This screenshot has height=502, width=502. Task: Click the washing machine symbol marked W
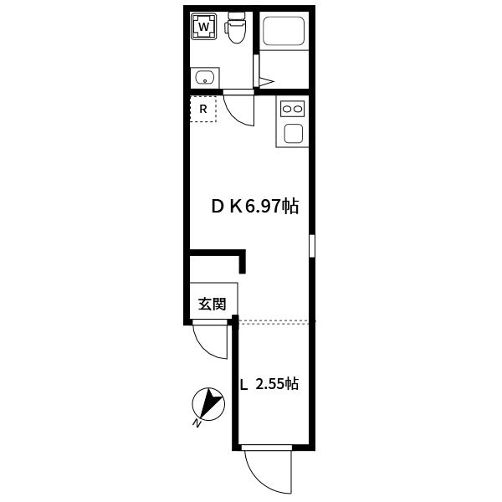click(203, 26)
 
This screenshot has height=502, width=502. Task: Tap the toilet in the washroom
click(235, 28)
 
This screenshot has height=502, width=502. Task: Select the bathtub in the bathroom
click(284, 31)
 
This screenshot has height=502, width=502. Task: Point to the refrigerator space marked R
click(203, 109)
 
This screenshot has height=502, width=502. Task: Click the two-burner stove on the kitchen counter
click(292, 109)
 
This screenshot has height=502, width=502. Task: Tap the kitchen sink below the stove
click(294, 133)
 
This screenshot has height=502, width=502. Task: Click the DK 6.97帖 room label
click(255, 206)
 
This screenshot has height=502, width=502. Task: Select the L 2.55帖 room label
click(269, 383)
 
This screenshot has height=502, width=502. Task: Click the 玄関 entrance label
click(213, 304)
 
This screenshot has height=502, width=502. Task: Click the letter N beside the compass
click(197, 423)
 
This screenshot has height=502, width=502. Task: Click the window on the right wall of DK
click(312, 245)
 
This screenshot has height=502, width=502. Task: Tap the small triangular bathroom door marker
click(266, 82)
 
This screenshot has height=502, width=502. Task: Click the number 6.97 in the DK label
click(263, 207)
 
